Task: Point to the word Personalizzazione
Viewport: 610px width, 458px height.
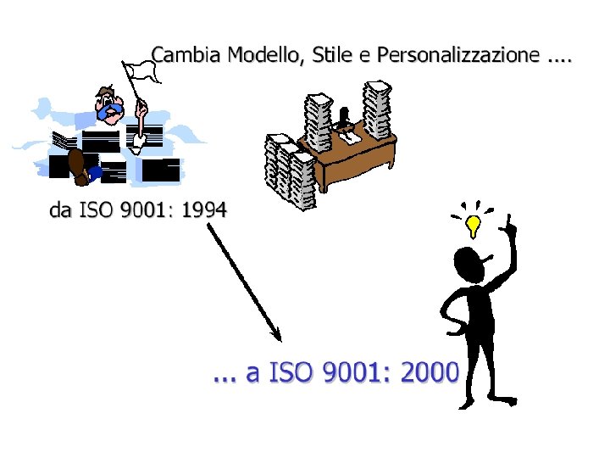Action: click(457, 56)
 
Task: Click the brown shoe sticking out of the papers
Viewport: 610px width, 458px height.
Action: click(77, 165)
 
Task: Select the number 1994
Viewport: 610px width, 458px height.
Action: click(204, 209)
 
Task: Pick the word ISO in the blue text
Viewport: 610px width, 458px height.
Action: click(292, 371)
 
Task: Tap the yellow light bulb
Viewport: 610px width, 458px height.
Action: click(474, 225)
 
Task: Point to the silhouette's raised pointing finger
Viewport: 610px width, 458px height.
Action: click(511, 225)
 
